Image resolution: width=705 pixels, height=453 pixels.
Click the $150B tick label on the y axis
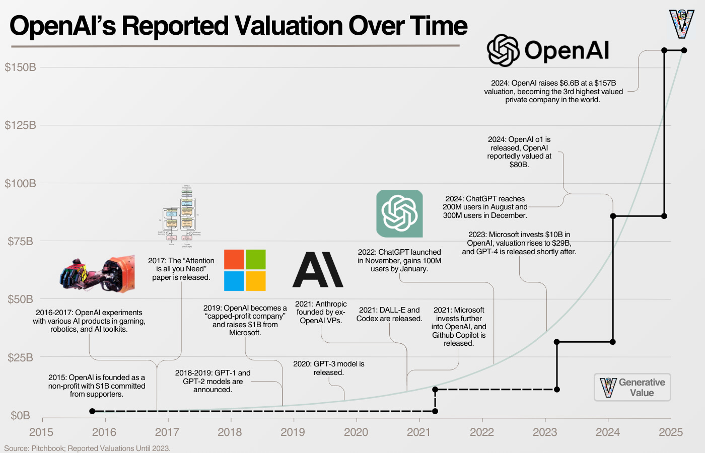tap(20, 67)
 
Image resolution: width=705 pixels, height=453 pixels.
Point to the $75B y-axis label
tap(20, 242)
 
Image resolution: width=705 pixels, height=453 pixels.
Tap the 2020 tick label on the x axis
tap(356, 432)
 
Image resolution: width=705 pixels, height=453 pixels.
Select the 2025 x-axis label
tap(671, 432)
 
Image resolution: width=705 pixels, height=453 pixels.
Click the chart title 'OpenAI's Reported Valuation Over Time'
tap(238, 26)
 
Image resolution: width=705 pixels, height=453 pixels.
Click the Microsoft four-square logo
tap(245, 270)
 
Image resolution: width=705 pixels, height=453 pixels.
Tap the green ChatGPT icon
tap(399, 213)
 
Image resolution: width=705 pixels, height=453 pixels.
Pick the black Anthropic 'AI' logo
tap(318, 270)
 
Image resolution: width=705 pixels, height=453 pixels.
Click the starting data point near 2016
tap(92, 411)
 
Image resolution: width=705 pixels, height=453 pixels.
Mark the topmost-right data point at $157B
tap(684, 50)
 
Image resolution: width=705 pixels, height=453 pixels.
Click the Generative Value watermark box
tap(632, 387)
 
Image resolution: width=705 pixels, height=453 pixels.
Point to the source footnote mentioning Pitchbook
tap(87, 448)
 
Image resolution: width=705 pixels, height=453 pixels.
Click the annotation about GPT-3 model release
tap(329, 368)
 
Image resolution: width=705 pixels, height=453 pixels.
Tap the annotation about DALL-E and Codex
tap(389, 314)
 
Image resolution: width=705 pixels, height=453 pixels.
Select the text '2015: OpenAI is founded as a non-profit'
tap(97, 386)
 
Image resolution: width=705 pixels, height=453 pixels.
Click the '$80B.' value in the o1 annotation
tap(519, 165)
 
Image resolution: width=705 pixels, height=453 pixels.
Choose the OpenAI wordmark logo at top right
tap(548, 50)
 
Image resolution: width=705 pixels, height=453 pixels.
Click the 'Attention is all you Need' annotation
tap(181, 269)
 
